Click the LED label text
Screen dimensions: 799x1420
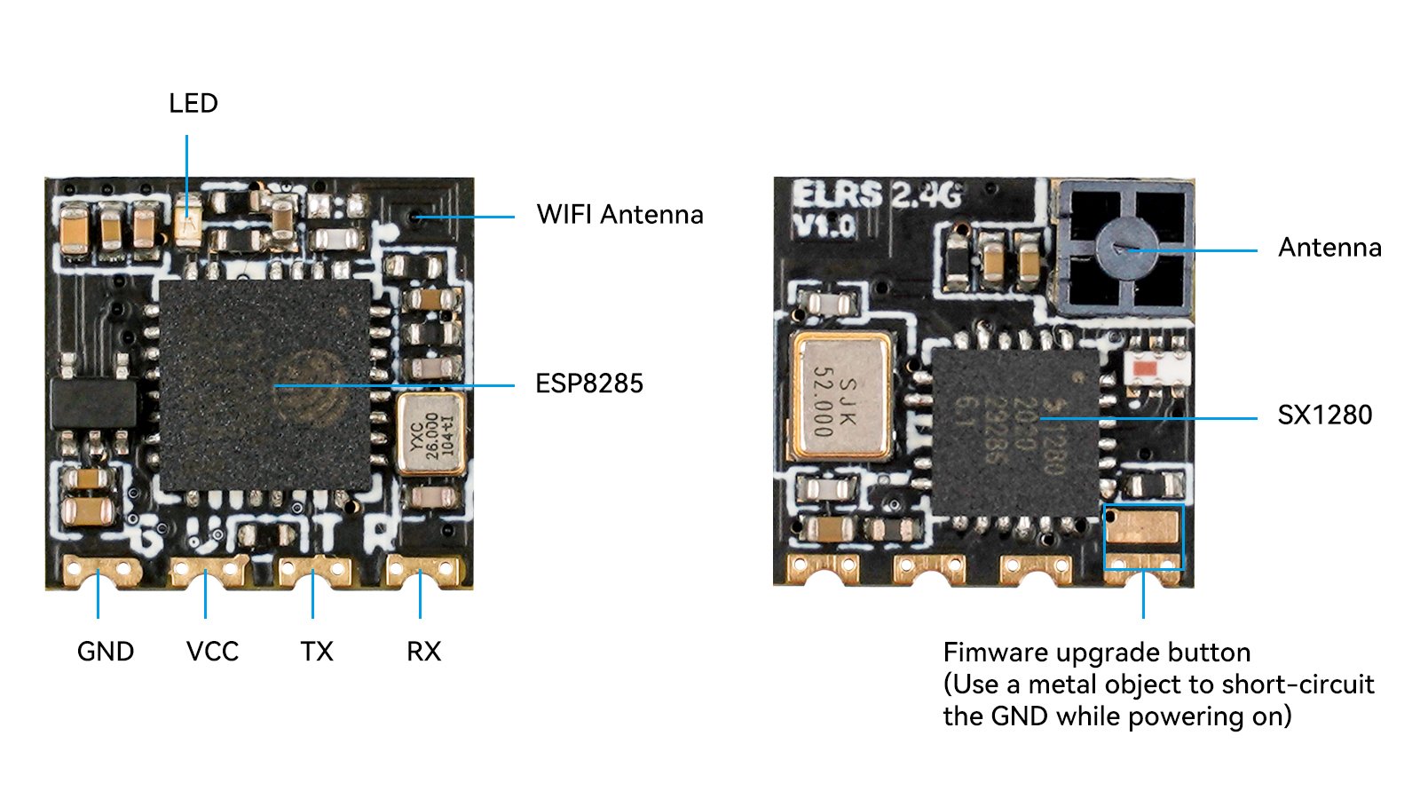pos(193,104)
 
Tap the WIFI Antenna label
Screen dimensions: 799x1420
pos(619,215)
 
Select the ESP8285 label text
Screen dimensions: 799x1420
pos(589,384)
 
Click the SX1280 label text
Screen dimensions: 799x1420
pos(1324,415)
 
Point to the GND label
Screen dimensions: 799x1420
pos(106,652)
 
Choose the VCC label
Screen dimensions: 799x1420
pos(212,652)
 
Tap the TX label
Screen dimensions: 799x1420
pos(317,652)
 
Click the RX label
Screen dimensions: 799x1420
pos(423,652)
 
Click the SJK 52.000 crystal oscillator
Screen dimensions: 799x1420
pos(840,397)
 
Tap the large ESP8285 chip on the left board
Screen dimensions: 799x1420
pos(264,385)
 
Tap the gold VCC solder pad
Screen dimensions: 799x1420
pos(207,570)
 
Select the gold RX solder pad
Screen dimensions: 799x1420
pos(422,570)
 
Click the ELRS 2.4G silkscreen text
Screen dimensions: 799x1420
pos(875,194)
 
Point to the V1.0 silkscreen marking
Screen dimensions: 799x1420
pos(823,226)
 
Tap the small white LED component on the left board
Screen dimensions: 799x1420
pos(187,217)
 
